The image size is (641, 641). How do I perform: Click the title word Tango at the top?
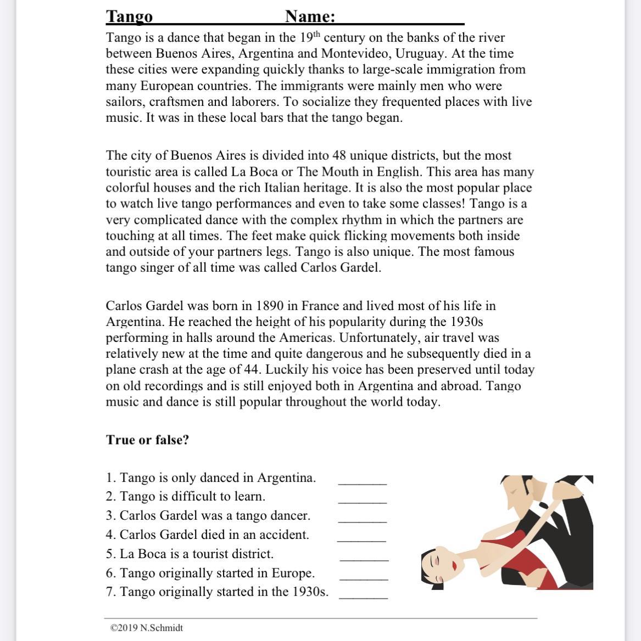pyautogui.click(x=129, y=16)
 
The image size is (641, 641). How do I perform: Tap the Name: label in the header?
pyautogui.click(x=310, y=16)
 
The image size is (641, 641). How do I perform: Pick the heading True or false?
pyautogui.click(x=147, y=440)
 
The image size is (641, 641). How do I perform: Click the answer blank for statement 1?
pyautogui.click(x=363, y=482)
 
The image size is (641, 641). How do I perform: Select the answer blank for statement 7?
pyautogui.click(x=364, y=597)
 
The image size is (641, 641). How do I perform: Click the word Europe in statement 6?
pyautogui.click(x=295, y=573)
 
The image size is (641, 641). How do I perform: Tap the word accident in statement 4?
pyautogui.click(x=283, y=535)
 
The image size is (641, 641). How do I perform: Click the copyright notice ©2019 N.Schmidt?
pyautogui.click(x=147, y=628)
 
